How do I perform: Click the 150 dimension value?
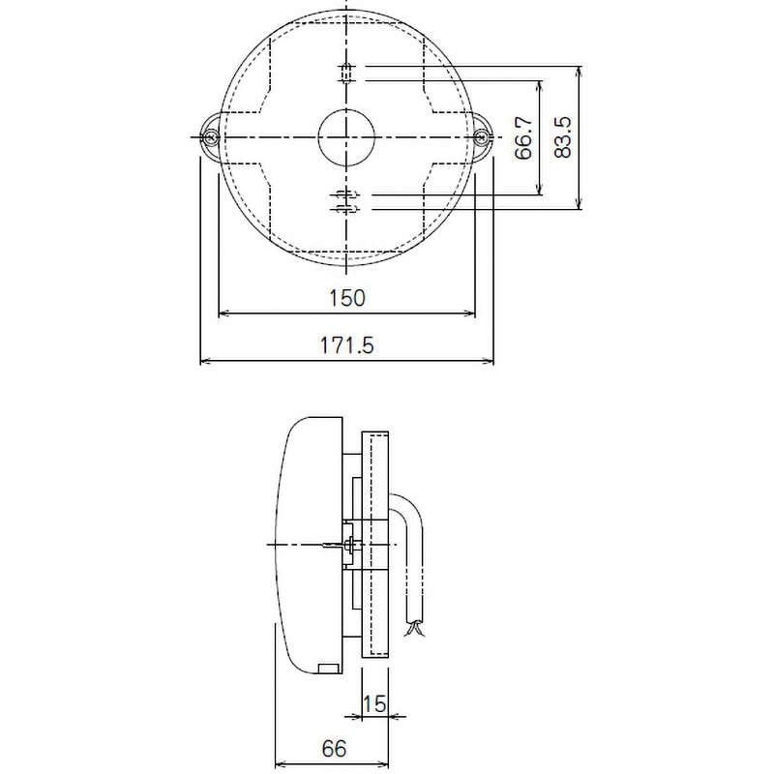(347, 298)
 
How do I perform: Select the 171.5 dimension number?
(347, 345)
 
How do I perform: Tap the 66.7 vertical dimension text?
(523, 137)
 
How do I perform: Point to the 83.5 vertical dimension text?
(562, 137)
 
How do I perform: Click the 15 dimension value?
(374, 704)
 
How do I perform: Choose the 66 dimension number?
(334, 749)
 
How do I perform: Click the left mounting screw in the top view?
(211, 136)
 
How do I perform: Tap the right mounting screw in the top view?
(481, 136)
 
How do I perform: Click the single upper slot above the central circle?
(346, 74)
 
